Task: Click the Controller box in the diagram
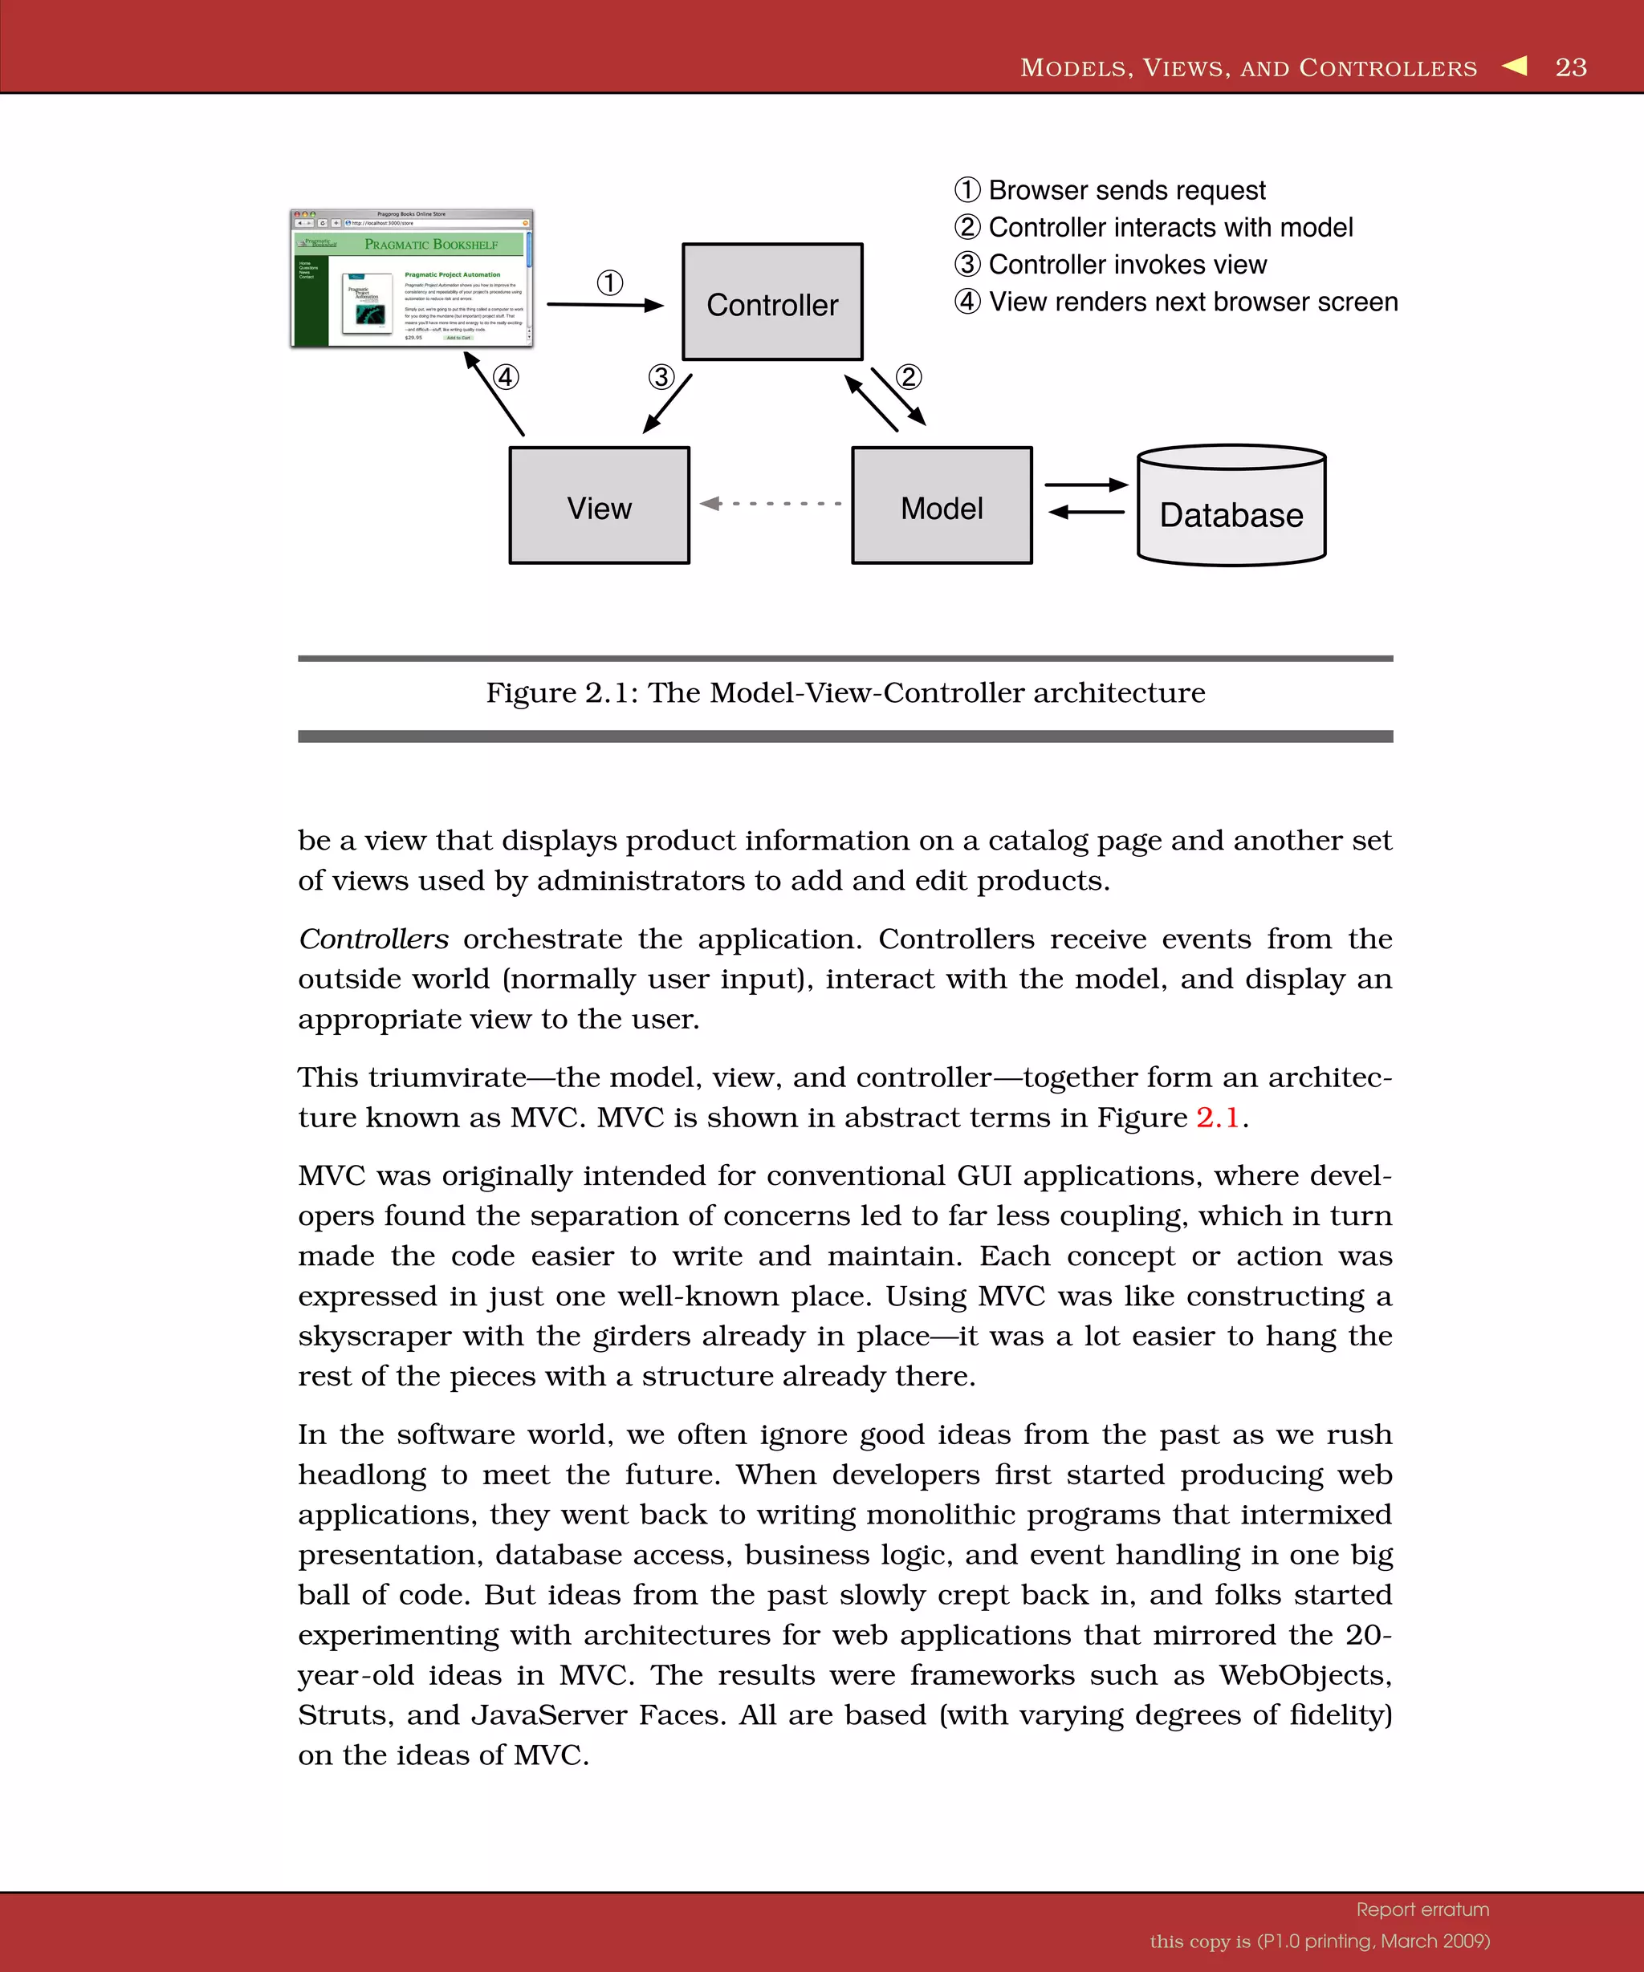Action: pyautogui.click(x=772, y=302)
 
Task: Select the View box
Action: pyautogui.click(x=600, y=506)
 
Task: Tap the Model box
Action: pyautogui.click(x=942, y=506)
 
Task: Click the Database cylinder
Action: pyautogui.click(x=1231, y=512)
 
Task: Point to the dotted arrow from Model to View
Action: pyautogui.click(x=771, y=503)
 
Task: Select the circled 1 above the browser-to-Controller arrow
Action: pyautogui.click(x=610, y=282)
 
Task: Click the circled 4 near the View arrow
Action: pyautogui.click(x=506, y=378)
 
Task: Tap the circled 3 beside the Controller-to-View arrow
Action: pyautogui.click(x=661, y=378)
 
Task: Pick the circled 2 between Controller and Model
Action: pyautogui.click(x=909, y=378)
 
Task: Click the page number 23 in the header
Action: pyautogui.click(x=1571, y=67)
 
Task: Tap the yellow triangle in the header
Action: pyautogui.click(x=1516, y=66)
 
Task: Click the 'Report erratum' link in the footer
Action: pyautogui.click(x=1422, y=1909)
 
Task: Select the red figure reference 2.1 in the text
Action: pyautogui.click(x=1218, y=1118)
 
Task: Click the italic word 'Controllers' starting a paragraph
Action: pyautogui.click(x=373, y=939)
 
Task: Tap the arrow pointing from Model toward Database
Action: pyautogui.click(x=1086, y=485)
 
